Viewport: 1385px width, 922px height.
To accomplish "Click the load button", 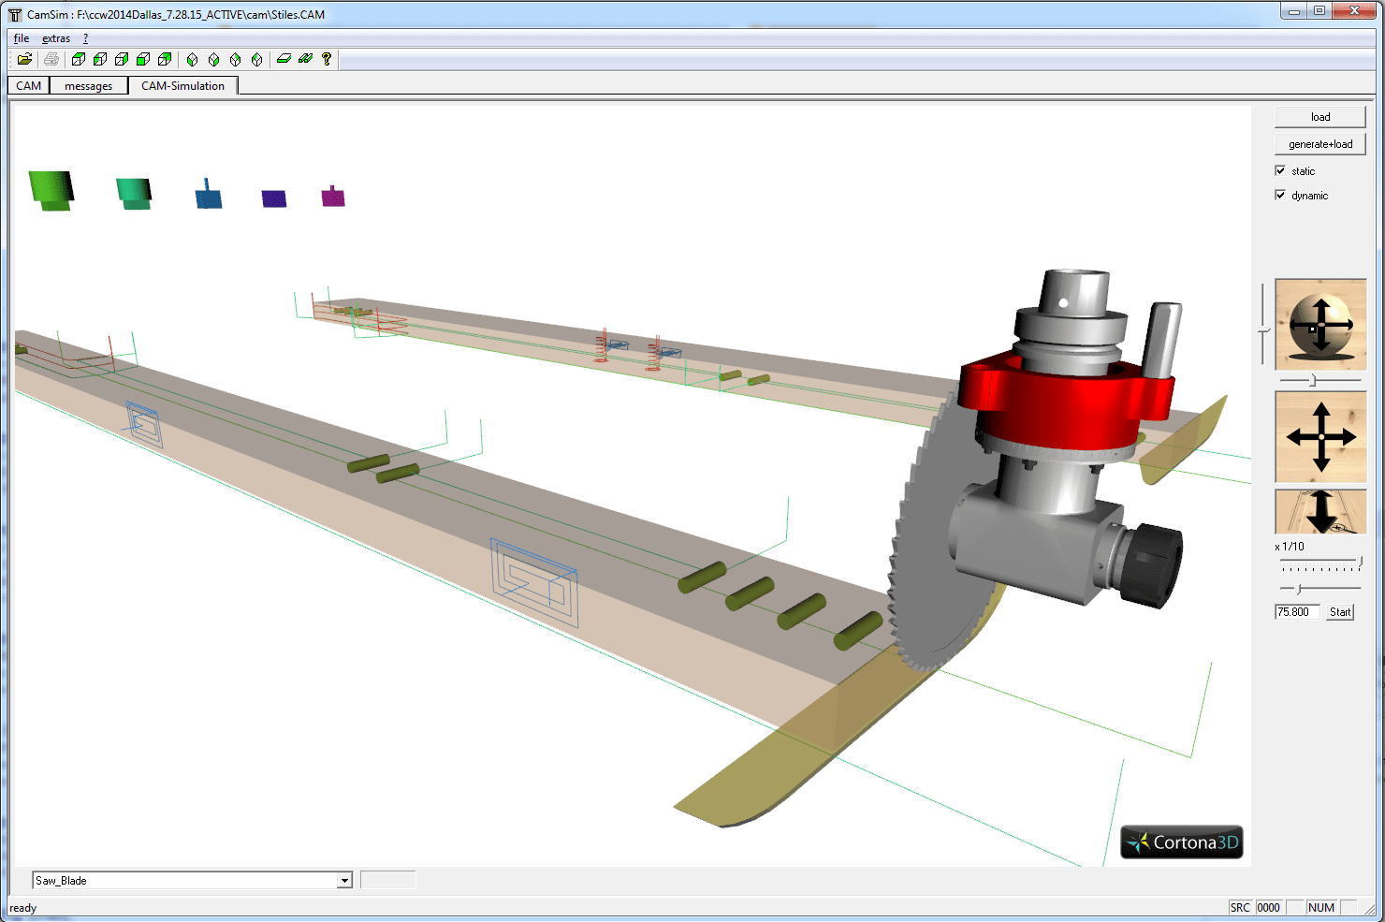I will click(1319, 117).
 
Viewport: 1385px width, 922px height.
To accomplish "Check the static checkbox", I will click(1280, 170).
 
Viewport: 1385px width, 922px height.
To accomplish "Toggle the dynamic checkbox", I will click(1280, 195).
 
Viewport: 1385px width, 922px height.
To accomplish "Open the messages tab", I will click(88, 86).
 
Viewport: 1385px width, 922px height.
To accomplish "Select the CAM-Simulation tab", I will click(182, 86).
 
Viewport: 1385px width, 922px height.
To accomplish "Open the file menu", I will click(22, 38).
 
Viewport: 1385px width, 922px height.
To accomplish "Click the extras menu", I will click(56, 38).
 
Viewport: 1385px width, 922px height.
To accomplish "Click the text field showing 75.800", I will click(1297, 612).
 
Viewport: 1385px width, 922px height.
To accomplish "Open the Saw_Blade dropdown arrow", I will click(344, 881).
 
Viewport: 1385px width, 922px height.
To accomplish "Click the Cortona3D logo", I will click(1183, 842).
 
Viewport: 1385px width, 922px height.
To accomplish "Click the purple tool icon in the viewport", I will click(274, 198).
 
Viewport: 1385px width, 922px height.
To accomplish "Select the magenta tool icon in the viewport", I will click(333, 197).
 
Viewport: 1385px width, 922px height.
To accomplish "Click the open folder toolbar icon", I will click(25, 59).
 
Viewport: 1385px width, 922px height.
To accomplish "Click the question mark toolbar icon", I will click(327, 59).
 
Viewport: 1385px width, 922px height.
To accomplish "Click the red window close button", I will click(1353, 11).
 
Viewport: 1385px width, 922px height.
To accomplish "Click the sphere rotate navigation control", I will click(1320, 324).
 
